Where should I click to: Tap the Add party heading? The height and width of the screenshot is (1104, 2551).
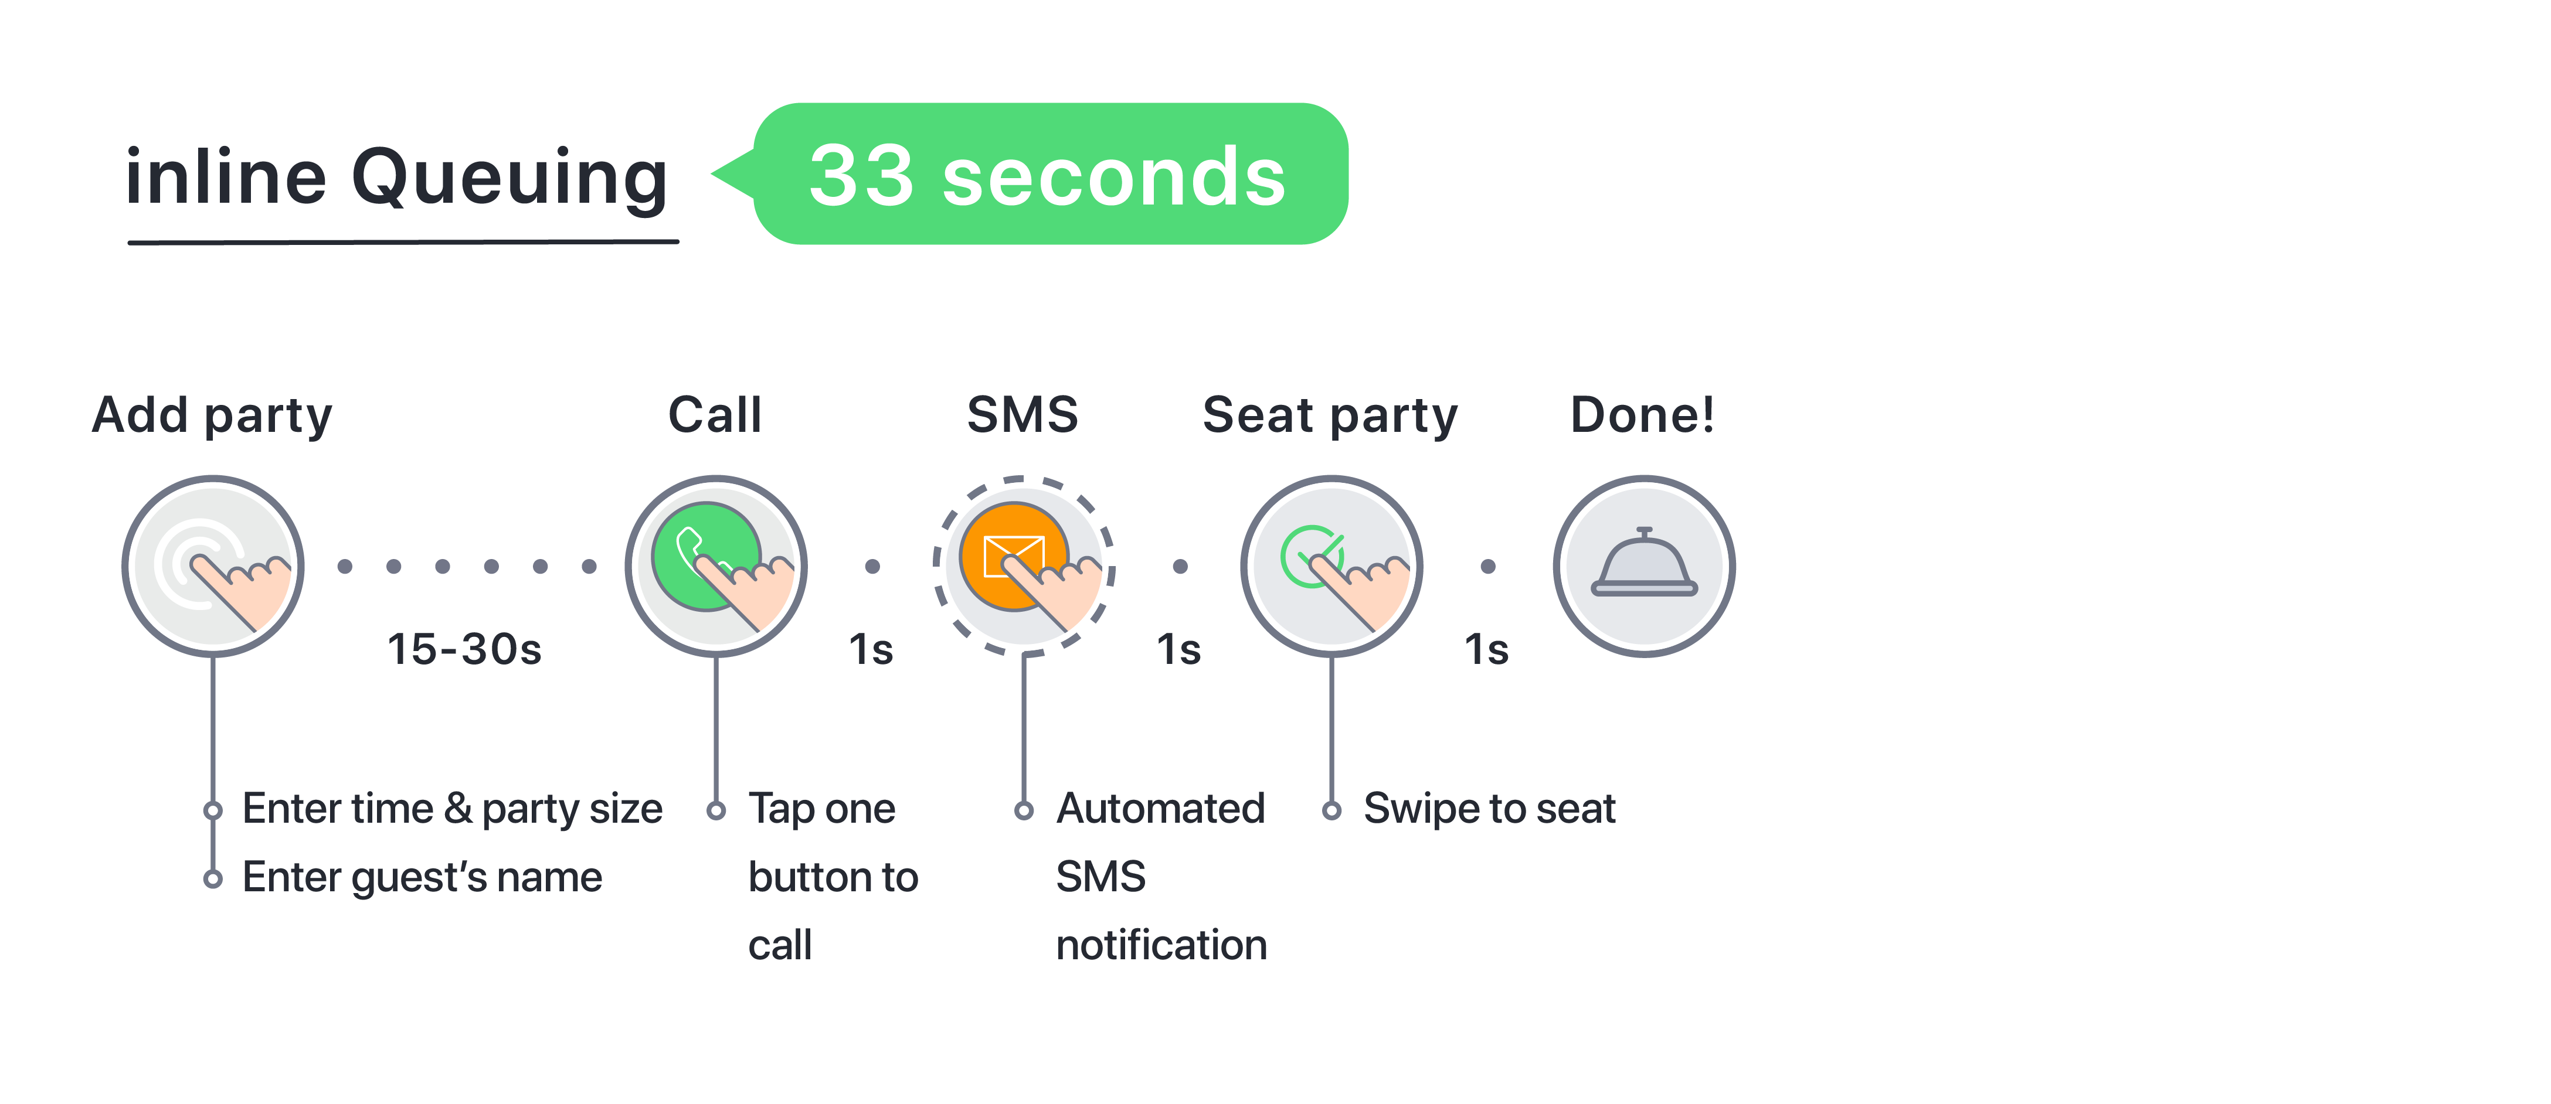[x=212, y=415]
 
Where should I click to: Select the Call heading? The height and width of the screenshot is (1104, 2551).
[x=715, y=415]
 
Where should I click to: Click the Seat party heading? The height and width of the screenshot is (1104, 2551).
[x=1330, y=415]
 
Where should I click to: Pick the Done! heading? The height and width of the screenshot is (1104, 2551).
[x=1642, y=415]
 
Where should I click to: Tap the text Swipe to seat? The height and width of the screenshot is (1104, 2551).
[x=1489, y=809]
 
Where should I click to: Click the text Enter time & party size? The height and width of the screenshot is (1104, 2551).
[x=451, y=809]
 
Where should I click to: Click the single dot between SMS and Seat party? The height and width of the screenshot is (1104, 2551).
[x=1180, y=567]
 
